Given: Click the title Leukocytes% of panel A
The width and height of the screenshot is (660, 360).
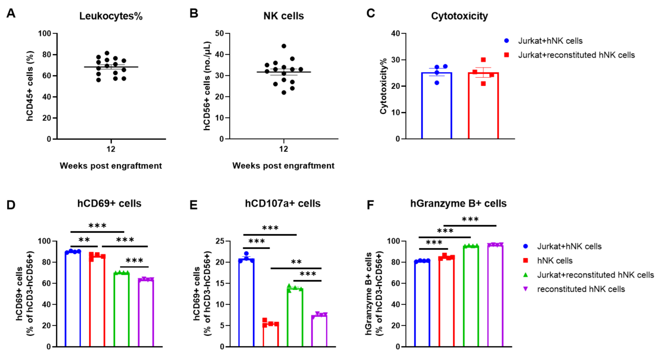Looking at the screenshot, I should coord(111,16).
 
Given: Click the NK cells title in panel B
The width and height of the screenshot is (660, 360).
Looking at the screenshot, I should coord(283,16).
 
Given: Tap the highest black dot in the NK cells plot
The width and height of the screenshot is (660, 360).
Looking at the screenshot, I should coord(284,46).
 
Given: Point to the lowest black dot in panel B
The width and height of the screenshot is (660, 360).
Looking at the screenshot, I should coord(284,93).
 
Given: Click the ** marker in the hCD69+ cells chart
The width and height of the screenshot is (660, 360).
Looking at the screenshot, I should coord(84,240).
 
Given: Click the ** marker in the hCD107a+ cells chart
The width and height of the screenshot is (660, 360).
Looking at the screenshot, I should coord(296,262).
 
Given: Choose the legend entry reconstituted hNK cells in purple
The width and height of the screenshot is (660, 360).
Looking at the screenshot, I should coord(581,289).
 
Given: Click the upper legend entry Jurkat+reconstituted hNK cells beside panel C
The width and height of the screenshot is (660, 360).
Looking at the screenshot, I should coord(576,55).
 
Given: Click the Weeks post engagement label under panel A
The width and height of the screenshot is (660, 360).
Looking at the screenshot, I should coord(111,166).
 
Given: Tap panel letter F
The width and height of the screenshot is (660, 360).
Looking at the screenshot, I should coord(371,204).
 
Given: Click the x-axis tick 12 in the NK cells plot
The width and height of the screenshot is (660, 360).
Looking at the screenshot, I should coord(283,149).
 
